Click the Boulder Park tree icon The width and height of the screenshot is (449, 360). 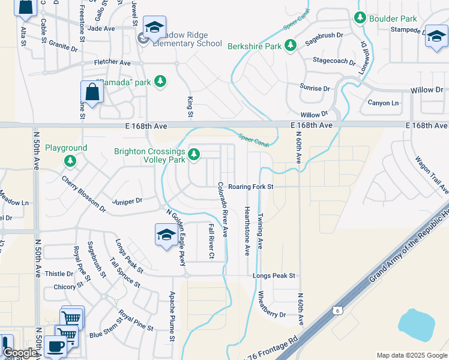tap(360, 19)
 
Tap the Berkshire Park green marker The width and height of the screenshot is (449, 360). tap(291, 46)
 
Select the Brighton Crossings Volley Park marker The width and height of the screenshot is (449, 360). tap(193, 155)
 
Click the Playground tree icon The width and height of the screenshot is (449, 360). tap(70, 160)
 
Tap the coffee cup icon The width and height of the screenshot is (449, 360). tap(55, 346)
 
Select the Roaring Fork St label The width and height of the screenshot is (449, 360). tap(250, 187)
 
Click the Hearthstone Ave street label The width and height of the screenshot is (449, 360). tap(247, 230)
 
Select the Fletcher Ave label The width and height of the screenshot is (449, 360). tap(112, 62)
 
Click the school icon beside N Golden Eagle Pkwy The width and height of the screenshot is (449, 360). tap(166, 235)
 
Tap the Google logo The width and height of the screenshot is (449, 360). tap(20, 353)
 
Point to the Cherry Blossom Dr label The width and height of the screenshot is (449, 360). tap(83, 194)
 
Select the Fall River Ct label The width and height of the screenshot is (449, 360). tap(211, 241)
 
